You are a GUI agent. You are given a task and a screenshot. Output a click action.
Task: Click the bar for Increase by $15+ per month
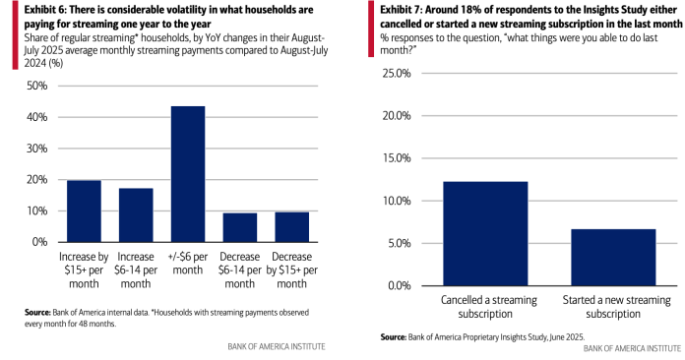84,210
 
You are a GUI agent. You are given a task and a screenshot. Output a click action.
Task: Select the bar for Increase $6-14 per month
136,214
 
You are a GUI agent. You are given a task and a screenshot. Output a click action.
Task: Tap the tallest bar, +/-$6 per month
188,173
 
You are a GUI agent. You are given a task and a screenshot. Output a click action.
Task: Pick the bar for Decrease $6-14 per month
240,227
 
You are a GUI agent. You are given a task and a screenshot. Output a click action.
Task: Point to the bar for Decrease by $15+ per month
292,226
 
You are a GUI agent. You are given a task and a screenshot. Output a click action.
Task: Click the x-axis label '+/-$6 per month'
188,262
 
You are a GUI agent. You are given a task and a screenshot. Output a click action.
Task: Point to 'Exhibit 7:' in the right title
400,9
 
